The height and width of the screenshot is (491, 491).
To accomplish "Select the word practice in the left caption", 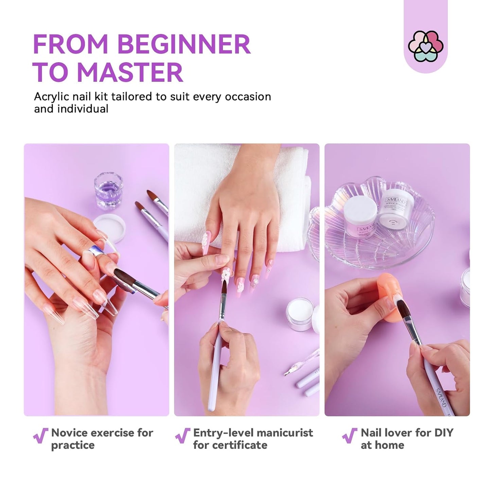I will (73, 445).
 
